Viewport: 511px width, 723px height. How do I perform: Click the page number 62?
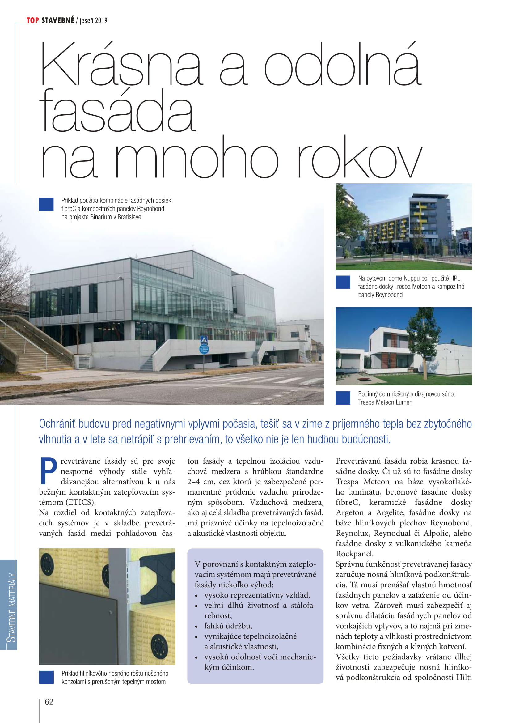tap(49, 702)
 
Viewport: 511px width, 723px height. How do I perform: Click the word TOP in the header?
tap(33, 20)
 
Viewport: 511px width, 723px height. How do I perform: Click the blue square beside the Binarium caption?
tap(46, 204)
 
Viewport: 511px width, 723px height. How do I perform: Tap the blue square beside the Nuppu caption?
tap(343, 282)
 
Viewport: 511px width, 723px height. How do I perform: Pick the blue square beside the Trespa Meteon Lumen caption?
tap(343, 398)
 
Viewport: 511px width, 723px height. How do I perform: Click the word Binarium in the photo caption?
tap(102, 217)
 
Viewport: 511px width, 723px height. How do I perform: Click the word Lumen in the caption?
tap(404, 402)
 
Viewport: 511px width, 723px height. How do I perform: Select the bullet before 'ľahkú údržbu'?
tap(196, 626)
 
